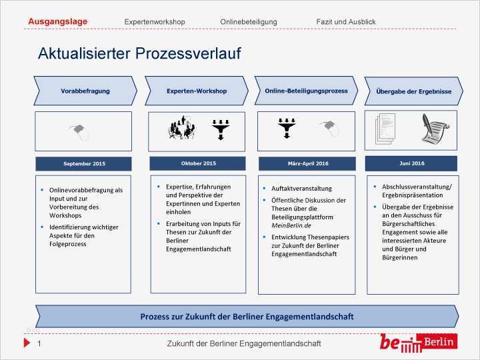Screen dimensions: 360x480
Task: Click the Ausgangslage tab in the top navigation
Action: [x=57, y=21]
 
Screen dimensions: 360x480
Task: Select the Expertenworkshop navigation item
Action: [x=155, y=22]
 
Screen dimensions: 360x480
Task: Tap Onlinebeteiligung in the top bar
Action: [x=248, y=22]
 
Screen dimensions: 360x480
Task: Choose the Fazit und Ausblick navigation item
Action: [x=345, y=22]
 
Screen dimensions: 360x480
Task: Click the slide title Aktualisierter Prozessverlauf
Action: [x=139, y=53]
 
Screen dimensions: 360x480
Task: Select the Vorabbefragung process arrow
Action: [x=85, y=91]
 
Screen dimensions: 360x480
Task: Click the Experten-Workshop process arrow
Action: [x=196, y=91]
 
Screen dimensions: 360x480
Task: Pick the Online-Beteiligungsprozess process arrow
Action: [x=306, y=91]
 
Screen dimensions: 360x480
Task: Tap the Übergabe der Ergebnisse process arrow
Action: [x=413, y=91]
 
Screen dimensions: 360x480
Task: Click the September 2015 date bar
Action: [x=84, y=163]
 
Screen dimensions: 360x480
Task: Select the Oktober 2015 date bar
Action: [x=198, y=163]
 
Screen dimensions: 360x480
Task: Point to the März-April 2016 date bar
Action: [x=307, y=163]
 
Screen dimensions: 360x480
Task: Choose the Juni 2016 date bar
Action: [x=411, y=163]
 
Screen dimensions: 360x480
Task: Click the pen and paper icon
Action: [x=435, y=129]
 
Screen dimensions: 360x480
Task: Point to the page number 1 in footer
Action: [x=39, y=343]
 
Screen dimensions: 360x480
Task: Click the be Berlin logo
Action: [x=417, y=343]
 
